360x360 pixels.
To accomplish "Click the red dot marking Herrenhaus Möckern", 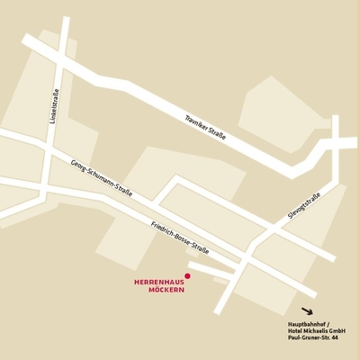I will coord(187,275).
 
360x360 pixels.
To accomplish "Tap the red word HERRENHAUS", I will coord(158,283).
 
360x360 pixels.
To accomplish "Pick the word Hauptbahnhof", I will coord(298,323).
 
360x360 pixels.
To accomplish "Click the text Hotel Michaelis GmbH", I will coord(310,330).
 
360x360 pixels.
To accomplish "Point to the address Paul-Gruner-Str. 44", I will coord(307,338).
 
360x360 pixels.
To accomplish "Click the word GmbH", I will coord(337,330).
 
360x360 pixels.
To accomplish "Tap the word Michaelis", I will coord(311,330).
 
